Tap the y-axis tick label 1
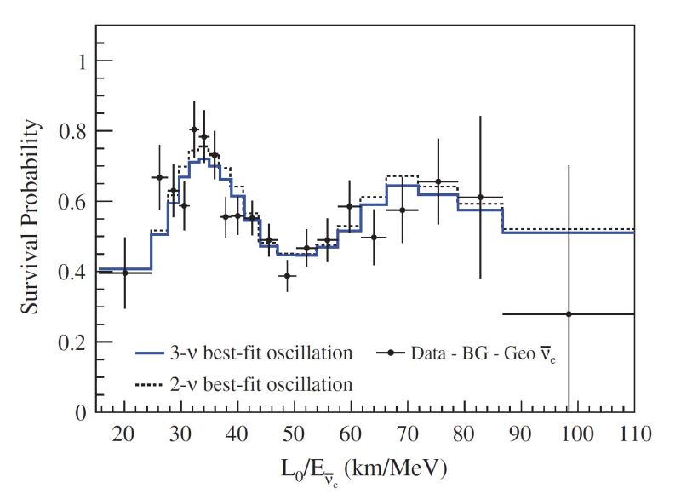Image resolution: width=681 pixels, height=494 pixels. (82, 60)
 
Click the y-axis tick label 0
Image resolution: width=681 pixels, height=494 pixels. (82, 413)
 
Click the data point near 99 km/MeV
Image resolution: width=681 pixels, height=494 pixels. (569, 314)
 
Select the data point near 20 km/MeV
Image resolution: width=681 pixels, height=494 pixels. (125, 272)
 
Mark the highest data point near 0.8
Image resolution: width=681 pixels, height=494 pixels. (194, 129)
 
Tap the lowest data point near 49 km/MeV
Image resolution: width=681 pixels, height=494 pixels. (288, 275)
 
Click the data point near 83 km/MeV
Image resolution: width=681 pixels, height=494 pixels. (480, 197)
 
